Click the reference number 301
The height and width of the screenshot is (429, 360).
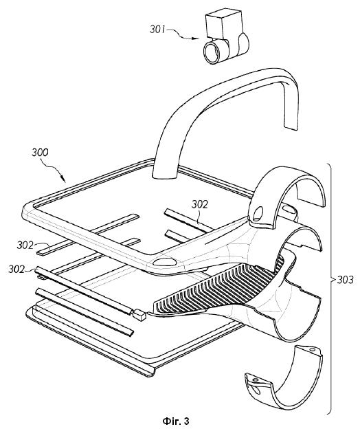pos(157,30)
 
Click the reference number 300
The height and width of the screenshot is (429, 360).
pos(40,152)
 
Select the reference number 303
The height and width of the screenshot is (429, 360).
pos(346,280)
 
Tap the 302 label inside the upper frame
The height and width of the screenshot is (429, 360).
pos(199,204)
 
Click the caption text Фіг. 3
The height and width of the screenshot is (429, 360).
pos(176,421)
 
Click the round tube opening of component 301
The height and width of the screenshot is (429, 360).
pos(212,52)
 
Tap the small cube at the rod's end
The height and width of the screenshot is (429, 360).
pos(139,315)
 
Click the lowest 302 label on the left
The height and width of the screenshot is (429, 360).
pos(16,269)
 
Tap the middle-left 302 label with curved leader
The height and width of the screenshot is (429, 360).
pos(25,245)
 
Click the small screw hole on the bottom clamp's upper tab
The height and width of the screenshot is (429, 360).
pos(312,350)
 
